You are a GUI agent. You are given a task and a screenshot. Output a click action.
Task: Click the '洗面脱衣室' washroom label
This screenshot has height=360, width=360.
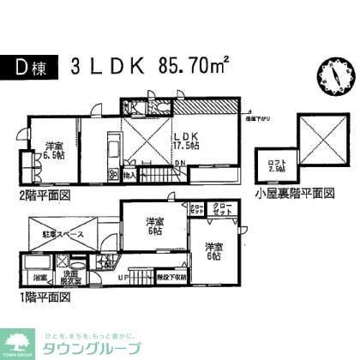[69, 277]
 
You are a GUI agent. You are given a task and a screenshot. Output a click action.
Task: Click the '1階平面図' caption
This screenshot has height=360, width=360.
[39, 297]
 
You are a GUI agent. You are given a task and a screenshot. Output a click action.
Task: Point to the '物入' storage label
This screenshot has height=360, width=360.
[129, 175]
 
